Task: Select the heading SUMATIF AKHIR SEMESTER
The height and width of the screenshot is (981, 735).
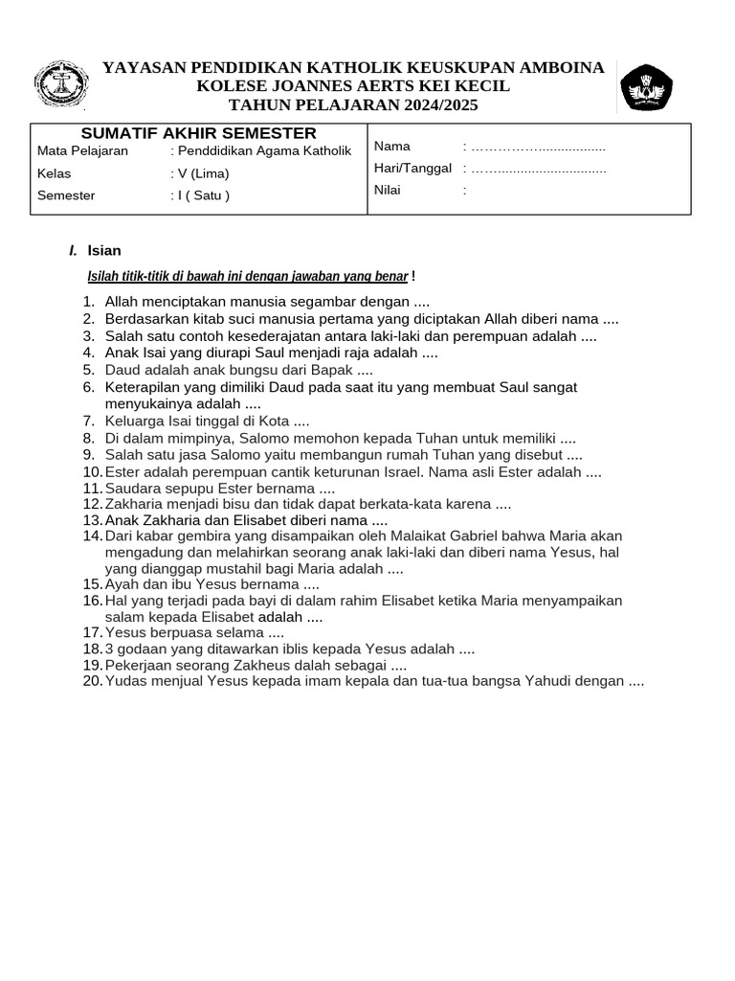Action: [x=199, y=133]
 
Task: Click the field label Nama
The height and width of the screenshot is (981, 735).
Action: [x=392, y=147]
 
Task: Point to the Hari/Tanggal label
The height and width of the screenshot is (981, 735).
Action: [x=412, y=168]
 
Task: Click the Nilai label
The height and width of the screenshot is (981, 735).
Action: [x=388, y=190]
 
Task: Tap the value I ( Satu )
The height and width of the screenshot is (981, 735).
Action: [x=200, y=195]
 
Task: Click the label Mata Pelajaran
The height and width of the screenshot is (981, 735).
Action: [x=82, y=151]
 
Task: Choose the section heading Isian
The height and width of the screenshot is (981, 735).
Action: [x=104, y=251]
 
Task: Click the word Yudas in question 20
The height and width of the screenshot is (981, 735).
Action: [x=123, y=681]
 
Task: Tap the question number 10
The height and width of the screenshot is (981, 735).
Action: [x=92, y=472]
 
